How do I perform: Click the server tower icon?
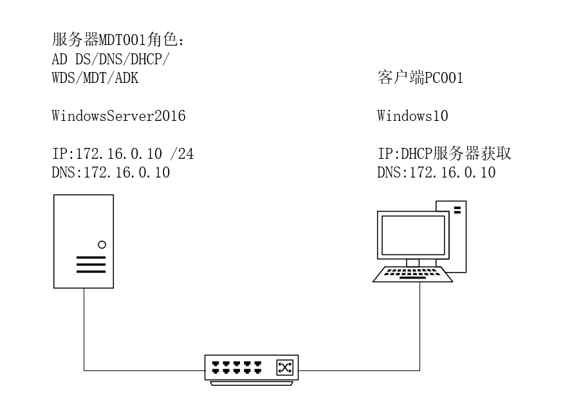tap(83, 241)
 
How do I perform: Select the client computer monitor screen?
tap(413, 236)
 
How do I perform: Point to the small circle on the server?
tap(102, 244)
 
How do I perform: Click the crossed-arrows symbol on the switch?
tap(284, 367)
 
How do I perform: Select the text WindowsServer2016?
tap(118, 116)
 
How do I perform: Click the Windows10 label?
tap(412, 116)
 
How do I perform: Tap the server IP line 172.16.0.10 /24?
tap(122, 154)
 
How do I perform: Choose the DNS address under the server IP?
tap(111, 172)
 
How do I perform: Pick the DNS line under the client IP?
tap(436, 172)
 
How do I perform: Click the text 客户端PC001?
tap(420, 79)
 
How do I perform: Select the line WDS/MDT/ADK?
tap(95, 78)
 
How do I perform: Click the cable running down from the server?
tap(84, 328)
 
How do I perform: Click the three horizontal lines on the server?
tap(90, 265)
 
